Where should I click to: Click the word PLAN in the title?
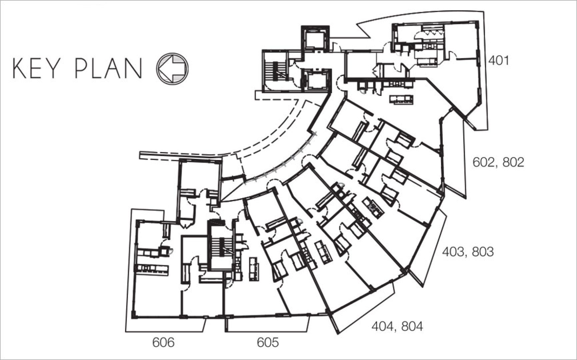[x=109, y=69]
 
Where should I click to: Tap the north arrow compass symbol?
[x=172, y=68]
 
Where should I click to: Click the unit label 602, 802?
[x=498, y=163]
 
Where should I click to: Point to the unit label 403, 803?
[x=468, y=252]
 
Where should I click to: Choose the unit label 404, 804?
[x=397, y=326]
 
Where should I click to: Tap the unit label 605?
[x=268, y=342]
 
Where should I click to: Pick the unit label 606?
[x=163, y=342]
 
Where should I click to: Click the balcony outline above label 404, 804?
[x=363, y=308]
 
